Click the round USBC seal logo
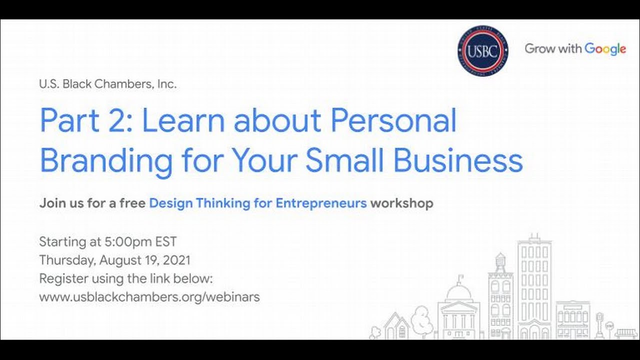click(x=482, y=50)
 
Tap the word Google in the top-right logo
click(x=605, y=49)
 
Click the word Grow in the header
click(x=539, y=49)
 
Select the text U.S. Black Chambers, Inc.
click(x=107, y=84)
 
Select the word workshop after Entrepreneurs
click(x=401, y=203)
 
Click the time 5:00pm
click(x=127, y=242)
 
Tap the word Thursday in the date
click(x=66, y=260)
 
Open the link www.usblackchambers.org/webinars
click(x=149, y=296)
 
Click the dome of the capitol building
click(x=458, y=291)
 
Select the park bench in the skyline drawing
click(x=626, y=332)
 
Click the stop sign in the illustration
click(x=609, y=325)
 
